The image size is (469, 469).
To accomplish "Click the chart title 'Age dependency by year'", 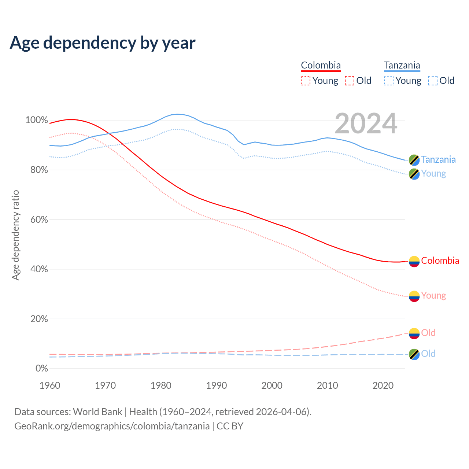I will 103,43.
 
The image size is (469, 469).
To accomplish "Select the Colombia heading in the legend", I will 321,65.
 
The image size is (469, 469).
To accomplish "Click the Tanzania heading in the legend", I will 402,65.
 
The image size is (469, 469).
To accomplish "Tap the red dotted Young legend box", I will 306,81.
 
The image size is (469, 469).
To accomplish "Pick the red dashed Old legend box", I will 350,81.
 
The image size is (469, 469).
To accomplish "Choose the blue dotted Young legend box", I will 389,81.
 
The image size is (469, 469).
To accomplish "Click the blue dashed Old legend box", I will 433,81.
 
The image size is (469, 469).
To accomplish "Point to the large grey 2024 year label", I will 366,123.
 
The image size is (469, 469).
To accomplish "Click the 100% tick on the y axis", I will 37,120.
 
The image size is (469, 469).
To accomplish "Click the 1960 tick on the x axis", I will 50,385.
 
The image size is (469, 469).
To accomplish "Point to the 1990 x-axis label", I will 217,385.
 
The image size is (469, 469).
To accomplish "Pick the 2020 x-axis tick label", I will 383,385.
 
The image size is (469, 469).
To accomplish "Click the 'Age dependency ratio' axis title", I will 15,235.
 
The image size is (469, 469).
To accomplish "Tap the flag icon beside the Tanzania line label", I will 414,160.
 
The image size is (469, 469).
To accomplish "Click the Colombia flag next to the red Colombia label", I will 414,261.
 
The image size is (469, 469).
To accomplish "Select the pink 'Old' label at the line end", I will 428,333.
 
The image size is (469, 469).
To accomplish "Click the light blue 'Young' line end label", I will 433,174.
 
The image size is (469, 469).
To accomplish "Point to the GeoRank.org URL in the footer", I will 112,426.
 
